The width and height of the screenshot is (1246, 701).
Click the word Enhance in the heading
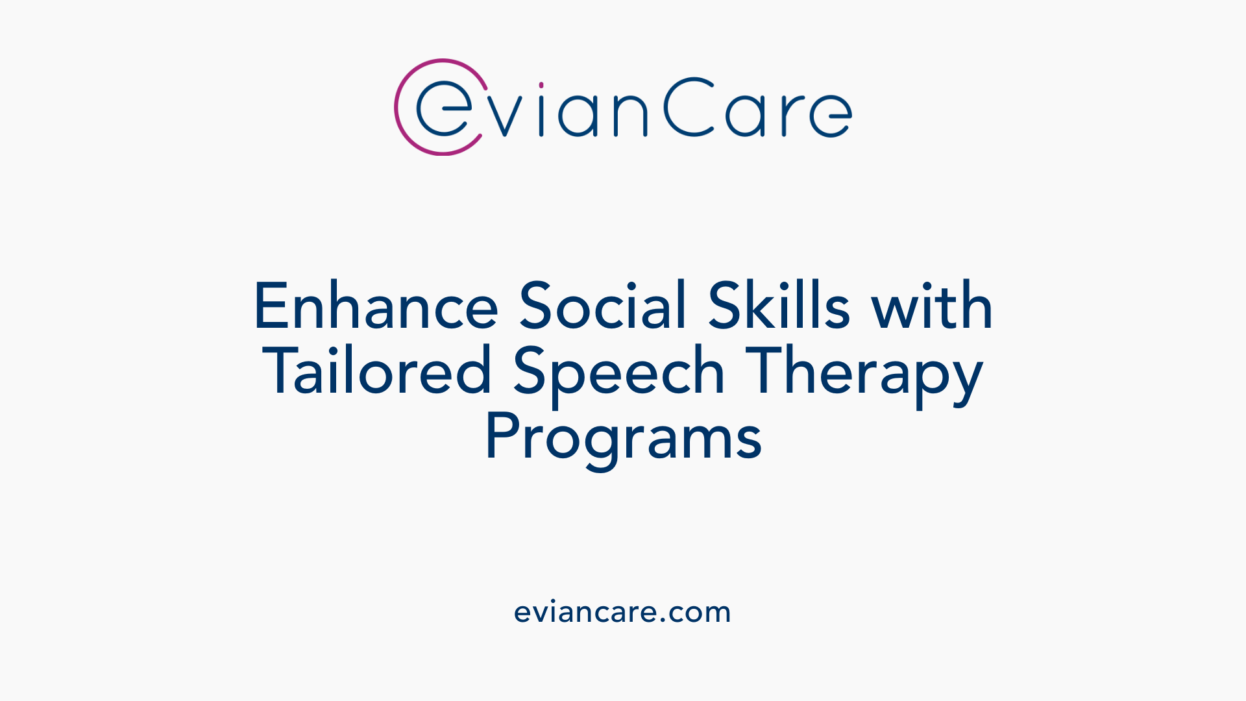click(376, 306)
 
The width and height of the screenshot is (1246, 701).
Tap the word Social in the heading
click(602, 306)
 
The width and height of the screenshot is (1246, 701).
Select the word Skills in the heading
click(778, 306)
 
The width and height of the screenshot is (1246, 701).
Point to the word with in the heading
click(932, 306)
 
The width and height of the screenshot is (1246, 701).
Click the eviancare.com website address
click(622, 612)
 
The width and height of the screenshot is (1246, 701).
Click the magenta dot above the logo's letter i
click(541, 85)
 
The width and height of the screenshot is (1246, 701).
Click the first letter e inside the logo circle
click(443, 108)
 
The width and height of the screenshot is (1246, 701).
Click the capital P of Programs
click(500, 436)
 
